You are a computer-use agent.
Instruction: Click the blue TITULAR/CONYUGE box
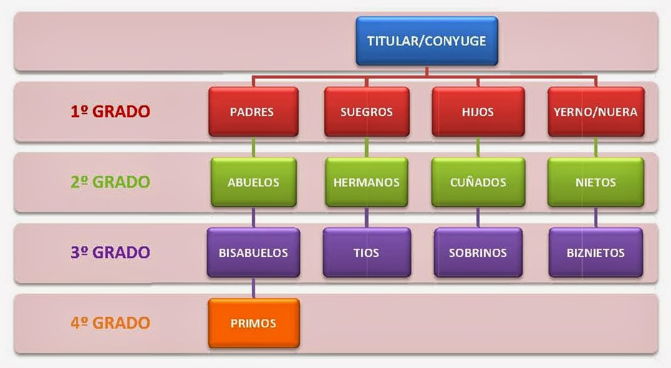point(427,41)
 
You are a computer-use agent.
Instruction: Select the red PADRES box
point(251,112)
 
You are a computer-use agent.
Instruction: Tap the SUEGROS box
point(366,112)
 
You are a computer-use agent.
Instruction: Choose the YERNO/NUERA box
point(596,112)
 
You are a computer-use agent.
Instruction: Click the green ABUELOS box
point(253,182)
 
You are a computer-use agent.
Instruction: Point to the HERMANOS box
point(366,182)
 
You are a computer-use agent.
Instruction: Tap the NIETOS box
point(596,182)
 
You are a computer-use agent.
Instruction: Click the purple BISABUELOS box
point(253,253)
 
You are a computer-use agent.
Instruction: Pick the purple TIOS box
point(366,253)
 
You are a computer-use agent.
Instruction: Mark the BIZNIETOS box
point(596,253)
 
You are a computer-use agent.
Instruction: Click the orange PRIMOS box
point(253,323)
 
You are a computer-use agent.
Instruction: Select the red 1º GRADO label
point(110,112)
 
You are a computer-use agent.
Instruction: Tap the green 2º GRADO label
point(110,182)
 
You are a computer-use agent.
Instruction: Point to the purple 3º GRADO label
point(110,253)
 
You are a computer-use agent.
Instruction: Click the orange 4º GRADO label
point(110,323)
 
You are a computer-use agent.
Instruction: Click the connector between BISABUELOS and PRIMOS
point(253,288)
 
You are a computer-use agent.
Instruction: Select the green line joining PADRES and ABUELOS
point(253,147)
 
